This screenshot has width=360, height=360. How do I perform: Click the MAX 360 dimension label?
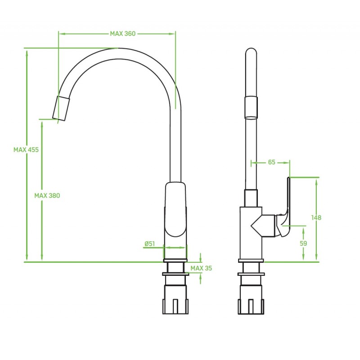(x=122, y=34)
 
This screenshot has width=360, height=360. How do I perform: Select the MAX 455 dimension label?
(x=26, y=150)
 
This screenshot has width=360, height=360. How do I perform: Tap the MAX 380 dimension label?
(x=47, y=196)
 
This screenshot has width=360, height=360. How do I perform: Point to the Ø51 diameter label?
(x=150, y=243)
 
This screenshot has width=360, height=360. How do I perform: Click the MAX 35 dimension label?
(x=201, y=268)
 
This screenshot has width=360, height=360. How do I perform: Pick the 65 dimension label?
(x=272, y=162)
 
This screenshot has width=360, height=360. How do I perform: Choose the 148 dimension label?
(x=316, y=217)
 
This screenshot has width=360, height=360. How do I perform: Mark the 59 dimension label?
(x=303, y=243)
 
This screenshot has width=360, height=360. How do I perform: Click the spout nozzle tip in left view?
(x=61, y=108)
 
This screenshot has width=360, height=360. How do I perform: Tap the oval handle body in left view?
(x=175, y=209)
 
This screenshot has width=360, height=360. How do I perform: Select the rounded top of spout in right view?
(x=251, y=52)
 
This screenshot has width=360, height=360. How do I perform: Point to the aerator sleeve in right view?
(x=251, y=108)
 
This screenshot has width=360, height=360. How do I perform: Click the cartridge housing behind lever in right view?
(x=263, y=226)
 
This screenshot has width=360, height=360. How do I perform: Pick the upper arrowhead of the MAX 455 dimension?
(x=27, y=54)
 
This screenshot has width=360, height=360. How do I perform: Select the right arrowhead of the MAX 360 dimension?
(x=172, y=34)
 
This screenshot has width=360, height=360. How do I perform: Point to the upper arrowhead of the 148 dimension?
(x=316, y=182)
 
